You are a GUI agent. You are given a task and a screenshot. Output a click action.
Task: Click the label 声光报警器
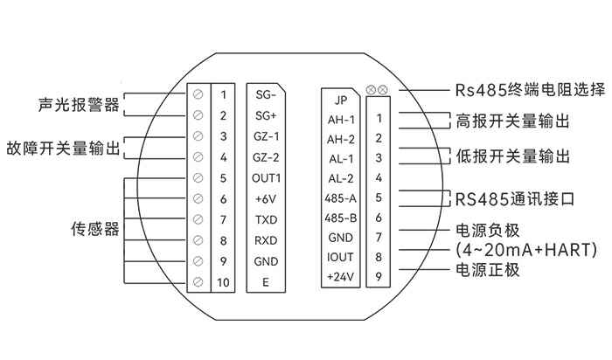(79, 105)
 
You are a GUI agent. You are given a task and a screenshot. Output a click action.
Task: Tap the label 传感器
(94, 230)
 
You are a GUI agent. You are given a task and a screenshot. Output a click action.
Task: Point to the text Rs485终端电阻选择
(530, 90)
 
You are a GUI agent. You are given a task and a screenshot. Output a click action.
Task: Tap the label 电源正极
(488, 269)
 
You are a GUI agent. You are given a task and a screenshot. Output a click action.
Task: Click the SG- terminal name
(265, 94)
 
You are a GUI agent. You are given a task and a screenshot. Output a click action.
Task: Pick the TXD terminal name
(265, 220)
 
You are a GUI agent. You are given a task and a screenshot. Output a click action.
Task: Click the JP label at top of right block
(339, 99)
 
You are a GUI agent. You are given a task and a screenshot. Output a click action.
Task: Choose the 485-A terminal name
(339, 197)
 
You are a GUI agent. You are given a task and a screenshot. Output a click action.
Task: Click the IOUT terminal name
(339, 257)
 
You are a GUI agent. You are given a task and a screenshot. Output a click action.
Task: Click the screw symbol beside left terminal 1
(198, 93)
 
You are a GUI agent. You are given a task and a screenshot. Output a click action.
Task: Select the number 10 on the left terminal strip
(223, 281)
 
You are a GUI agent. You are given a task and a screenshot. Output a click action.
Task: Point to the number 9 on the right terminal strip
(379, 277)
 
